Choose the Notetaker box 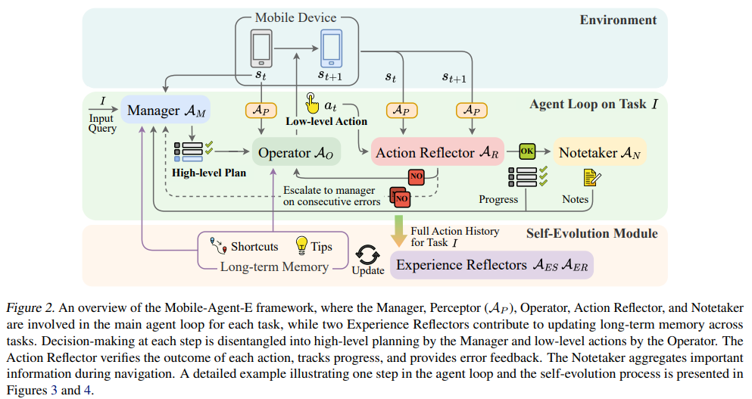(598, 153)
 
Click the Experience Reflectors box (491, 265)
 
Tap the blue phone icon (331, 48)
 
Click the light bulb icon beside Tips (301, 246)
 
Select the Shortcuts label (254, 247)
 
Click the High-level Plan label (210, 173)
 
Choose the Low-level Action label (326, 121)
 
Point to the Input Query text (102, 123)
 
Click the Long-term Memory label (274, 267)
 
